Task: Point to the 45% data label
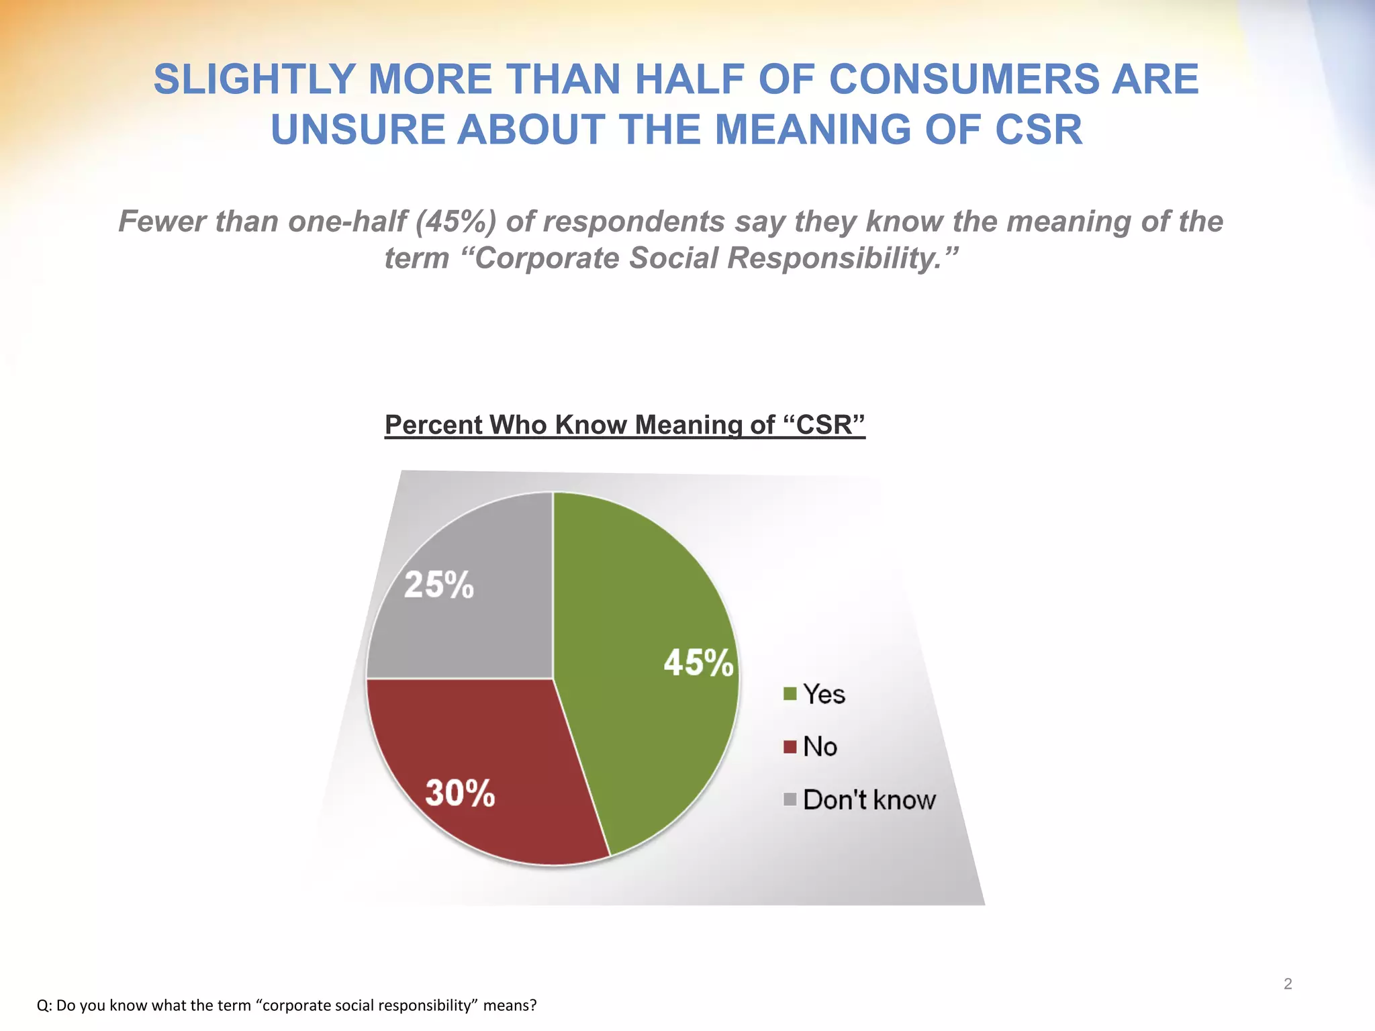(698, 663)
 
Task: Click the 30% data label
(460, 793)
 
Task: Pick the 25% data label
(439, 585)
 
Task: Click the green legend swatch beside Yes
(790, 693)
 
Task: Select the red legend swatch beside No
(790, 746)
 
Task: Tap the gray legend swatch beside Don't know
(790, 799)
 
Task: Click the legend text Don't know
(869, 799)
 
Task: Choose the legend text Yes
(824, 694)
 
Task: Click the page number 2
(1288, 984)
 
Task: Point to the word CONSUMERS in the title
(964, 79)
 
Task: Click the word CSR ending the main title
(1039, 130)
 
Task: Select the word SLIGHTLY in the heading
(254, 79)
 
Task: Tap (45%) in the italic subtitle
(456, 222)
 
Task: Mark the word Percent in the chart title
(433, 425)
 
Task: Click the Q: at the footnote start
(44, 1005)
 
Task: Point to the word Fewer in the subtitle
(162, 222)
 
